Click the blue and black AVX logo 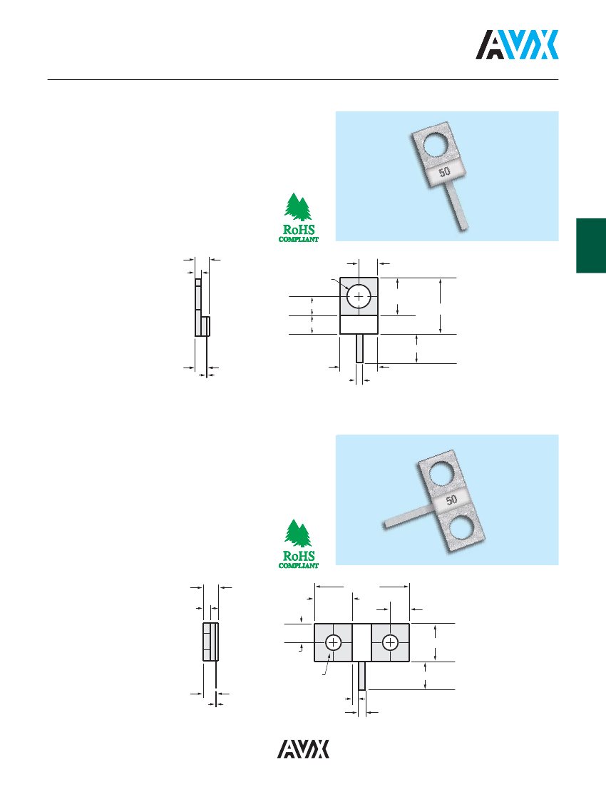[517, 44]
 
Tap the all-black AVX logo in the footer [304, 749]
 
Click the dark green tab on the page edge [591, 245]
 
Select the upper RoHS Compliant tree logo [299, 218]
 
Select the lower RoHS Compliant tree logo [299, 545]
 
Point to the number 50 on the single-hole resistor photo [444, 172]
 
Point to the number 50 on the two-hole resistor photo [451, 500]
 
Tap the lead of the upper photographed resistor [458, 206]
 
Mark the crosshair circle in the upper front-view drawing [359, 296]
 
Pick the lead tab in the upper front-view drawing [359, 348]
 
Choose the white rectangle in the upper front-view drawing [359, 325]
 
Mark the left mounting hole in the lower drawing [333, 642]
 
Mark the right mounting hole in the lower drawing [390, 642]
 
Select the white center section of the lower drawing [362, 642]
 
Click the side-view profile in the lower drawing [210, 642]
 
